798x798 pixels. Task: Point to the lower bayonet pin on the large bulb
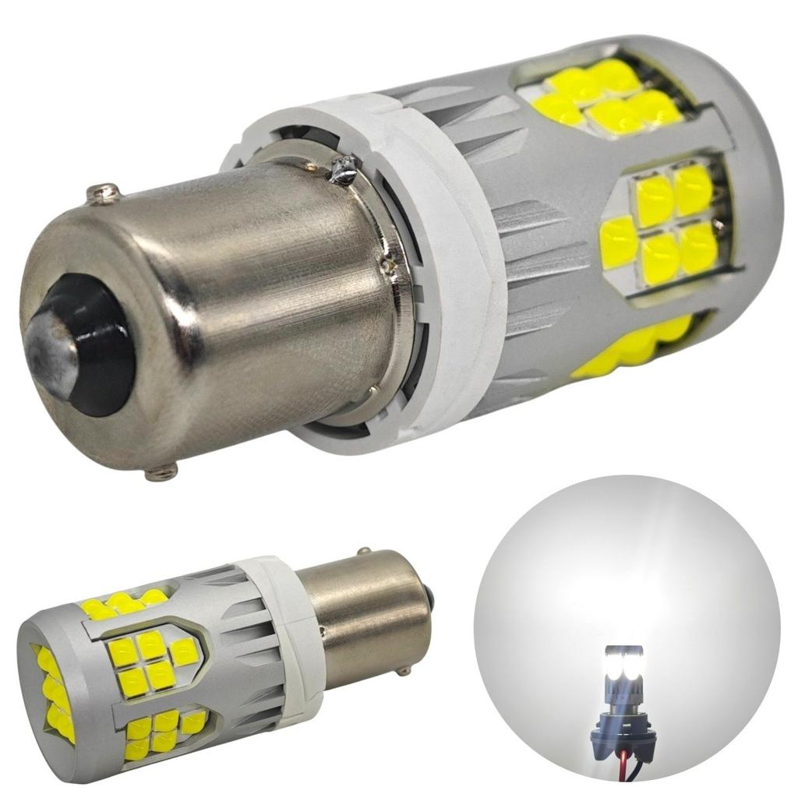[161, 471]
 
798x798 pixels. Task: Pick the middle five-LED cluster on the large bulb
[662, 222]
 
